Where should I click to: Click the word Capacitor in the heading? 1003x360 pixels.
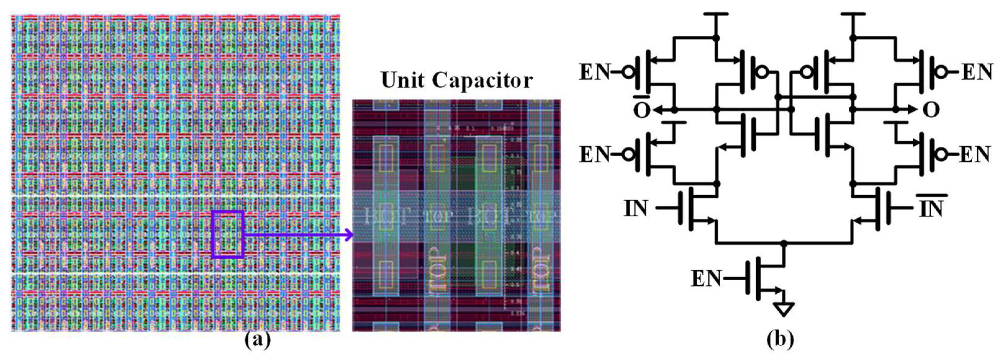tap(483, 80)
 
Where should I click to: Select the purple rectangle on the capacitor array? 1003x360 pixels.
tap(228, 234)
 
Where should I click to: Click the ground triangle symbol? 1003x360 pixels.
tap(783, 309)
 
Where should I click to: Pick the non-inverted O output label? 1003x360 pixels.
tap(931, 110)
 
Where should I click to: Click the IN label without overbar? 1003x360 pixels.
tap(636, 209)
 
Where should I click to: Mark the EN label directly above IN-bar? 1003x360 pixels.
tap(974, 154)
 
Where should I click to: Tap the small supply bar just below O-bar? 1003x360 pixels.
tap(674, 122)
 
